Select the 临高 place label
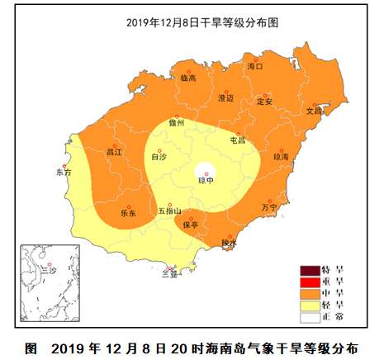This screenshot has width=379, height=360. coord(188,78)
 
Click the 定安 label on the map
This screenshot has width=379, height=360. coord(265,102)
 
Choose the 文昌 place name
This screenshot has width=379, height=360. coord(315,110)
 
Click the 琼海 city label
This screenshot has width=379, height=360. coord(282,155)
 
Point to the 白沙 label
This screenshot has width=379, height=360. coord(159,155)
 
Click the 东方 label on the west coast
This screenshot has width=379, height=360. coord(64,173)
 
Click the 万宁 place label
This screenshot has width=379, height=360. coord(269,208)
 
